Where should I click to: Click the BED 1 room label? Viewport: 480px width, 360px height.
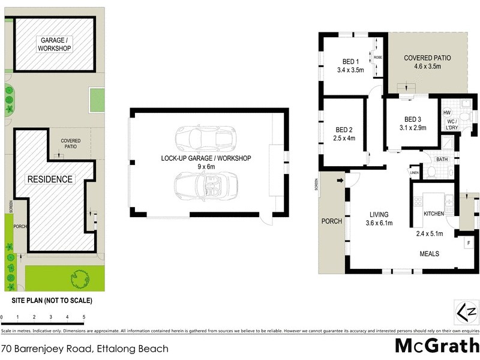tap(350, 61)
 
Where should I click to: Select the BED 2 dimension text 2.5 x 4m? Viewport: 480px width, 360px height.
tap(345, 138)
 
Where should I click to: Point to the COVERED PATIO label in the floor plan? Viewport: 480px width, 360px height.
tap(427, 58)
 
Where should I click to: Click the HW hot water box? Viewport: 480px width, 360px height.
tap(446, 112)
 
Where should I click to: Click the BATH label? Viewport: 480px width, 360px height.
tap(442, 159)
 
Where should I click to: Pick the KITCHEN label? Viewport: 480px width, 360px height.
tap(433, 214)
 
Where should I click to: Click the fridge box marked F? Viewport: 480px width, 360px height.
tap(468, 243)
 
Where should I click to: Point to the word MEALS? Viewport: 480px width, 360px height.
tap(428, 254)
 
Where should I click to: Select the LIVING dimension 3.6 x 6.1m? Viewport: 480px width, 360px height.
tap(379, 223)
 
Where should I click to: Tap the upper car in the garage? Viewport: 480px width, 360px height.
tap(204, 139)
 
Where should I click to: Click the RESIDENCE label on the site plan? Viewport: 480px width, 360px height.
tap(49, 179)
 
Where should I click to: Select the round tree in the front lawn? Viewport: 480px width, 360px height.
tap(79, 278)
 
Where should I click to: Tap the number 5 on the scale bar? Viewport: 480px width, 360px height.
tap(83, 316)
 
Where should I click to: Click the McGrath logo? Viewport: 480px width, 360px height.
tap(437, 346)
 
